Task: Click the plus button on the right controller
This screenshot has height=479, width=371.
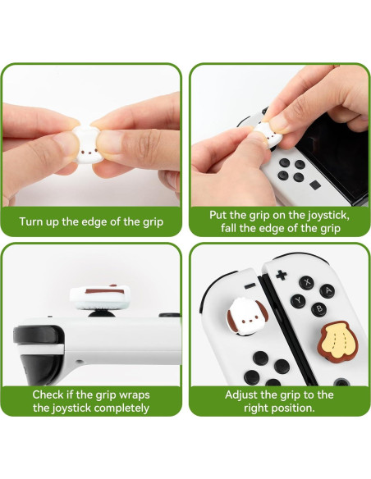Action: (280, 274)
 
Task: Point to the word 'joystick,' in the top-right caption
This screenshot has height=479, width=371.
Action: (317, 214)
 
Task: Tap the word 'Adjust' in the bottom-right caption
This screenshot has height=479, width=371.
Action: (245, 395)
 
